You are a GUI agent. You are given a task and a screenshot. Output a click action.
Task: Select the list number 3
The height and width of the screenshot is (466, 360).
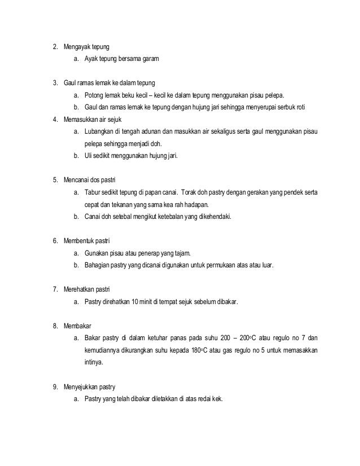point(55,82)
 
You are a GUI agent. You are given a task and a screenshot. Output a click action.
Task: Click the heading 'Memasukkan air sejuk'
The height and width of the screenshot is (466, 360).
point(92,120)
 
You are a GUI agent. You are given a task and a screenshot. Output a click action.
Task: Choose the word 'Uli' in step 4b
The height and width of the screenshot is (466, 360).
point(88,156)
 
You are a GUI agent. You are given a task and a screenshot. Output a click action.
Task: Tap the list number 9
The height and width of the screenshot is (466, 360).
point(55,387)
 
